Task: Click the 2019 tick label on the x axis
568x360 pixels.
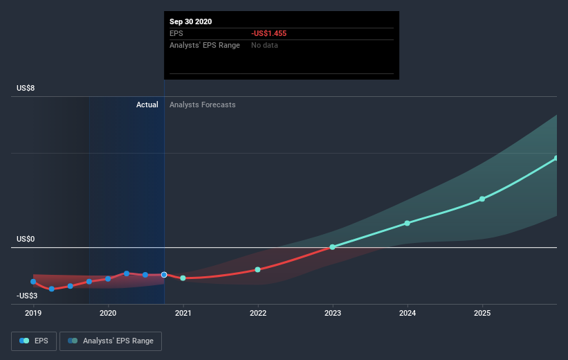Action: coord(33,313)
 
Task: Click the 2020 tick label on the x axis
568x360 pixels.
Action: coord(108,313)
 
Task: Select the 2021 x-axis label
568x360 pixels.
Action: coord(183,313)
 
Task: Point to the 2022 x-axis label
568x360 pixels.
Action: coord(258,313)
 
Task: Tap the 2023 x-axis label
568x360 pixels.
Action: coord(333,313)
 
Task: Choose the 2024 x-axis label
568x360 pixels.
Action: coord(407,313)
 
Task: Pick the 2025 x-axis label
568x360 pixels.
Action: coord(482,313)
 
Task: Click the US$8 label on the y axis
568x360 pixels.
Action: coord(26,88)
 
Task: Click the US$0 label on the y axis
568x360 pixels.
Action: coord(26,239)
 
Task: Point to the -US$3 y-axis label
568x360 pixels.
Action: coord(27,296)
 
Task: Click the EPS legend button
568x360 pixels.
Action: coord(34,341)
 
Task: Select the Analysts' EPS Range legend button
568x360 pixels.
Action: coord(111,341)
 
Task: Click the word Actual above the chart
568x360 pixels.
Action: coord(147,105)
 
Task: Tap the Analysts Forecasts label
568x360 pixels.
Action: coord(203,105)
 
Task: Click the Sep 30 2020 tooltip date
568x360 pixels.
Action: coord(191,21)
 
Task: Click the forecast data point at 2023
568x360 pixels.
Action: coord(333,247)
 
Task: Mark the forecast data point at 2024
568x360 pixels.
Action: coord(407,223)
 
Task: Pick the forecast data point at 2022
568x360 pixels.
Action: coord(258,269)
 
